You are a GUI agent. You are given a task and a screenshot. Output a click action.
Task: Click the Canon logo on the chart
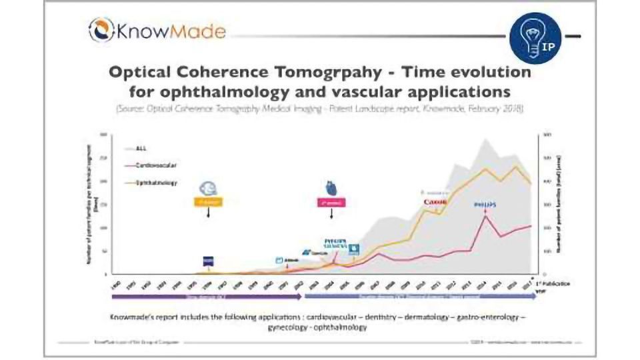point(434,203)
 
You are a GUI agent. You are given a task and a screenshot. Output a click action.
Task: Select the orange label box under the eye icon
point(207,202)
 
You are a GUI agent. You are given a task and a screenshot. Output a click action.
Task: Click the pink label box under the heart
point(330,202)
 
